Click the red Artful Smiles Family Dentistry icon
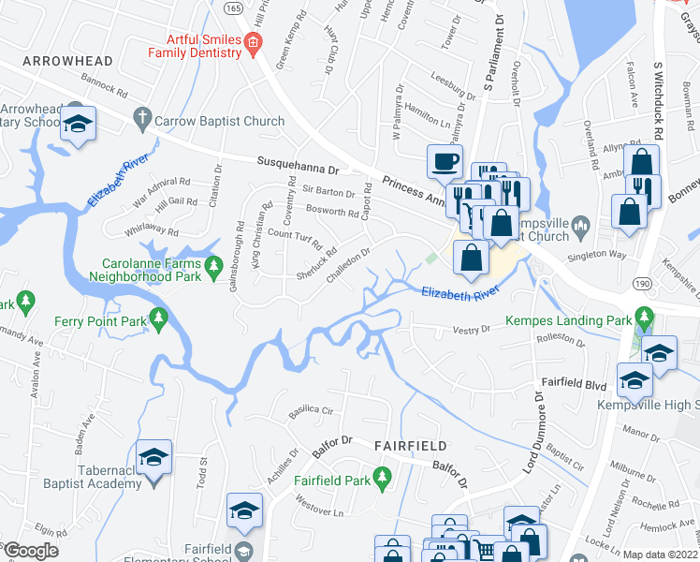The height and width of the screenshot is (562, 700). tap(252, 43)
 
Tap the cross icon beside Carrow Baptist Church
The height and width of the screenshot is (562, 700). tap(141, 119)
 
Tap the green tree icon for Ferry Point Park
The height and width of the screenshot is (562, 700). tap(158, 319)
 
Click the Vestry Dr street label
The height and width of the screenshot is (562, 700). tap(472, 329)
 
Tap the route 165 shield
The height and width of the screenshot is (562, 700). tap(233, 7)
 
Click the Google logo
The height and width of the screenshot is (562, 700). tap(31, 551)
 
